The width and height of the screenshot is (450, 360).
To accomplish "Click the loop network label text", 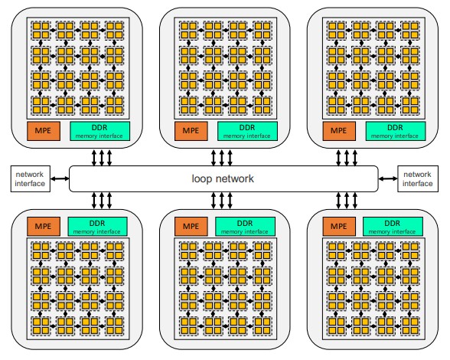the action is pyautogui.click(x=223, y=178).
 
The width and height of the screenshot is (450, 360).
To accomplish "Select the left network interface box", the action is pyautogui.click(x=31, y=178).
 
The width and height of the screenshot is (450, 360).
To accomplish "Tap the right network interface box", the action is pyautogui.click(x=418, y=178).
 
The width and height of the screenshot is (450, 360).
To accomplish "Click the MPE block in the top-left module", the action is pyautogui.click(x=44, y=131).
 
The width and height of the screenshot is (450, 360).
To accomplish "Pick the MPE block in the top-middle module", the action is pyautogui.click(x=191, y=131).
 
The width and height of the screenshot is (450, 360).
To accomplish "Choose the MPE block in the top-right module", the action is pyautogui.click(x=339, y=131).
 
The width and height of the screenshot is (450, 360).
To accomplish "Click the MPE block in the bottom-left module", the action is pyautogui.click(x=44, y=227).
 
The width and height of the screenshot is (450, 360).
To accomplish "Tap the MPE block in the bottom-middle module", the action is pyautogui.click(x=191, y=227).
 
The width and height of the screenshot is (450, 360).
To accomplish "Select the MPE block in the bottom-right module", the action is pyautogui.click(x=339, y=227).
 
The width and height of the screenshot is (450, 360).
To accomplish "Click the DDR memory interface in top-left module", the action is pyautogui.click(x=99, y=131).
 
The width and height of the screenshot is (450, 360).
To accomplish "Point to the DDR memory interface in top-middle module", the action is pyautogui.click(x=247, y=131).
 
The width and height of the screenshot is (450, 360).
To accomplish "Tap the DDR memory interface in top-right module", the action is pyautogui.click(x=396, y=131).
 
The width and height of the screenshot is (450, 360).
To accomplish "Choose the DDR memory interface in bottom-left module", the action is pyautogui.click(x=98, y=227).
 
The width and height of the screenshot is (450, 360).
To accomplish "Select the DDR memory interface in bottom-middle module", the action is pyautogui.click(x=245, y=227).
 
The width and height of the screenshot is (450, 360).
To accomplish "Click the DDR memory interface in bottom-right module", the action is pyautogui.click(x=393, y=227).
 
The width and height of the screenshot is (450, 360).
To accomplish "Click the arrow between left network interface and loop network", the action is pyautogui.click(x=60, y=178).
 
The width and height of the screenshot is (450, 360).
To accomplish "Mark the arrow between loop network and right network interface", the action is pyautogui.click(x=388, y=178).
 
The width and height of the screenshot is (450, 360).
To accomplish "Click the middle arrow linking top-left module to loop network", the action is pyautogui.click(x=102, y=158).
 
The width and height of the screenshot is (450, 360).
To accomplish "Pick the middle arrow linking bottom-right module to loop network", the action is pyautogui.click(x=347, y=200).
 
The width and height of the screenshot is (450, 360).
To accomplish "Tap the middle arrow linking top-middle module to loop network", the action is pyautogui.click(x=222, y=158).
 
